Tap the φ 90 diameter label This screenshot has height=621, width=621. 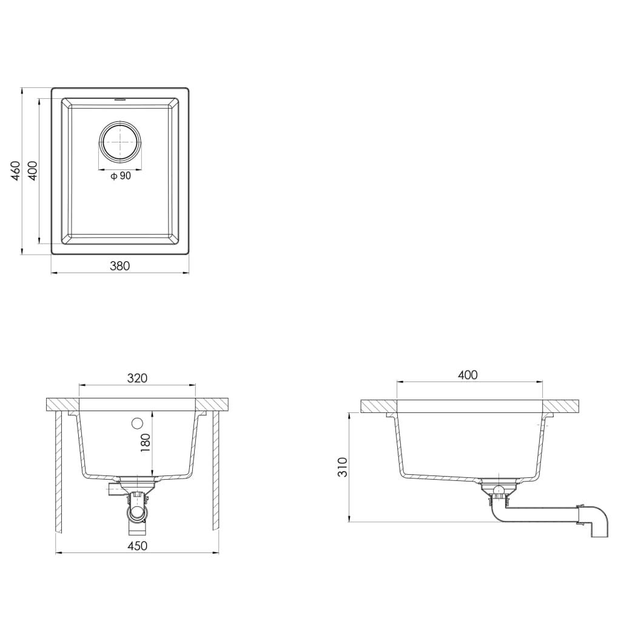(x=121, y=176)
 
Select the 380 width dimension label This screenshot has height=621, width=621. (x=119, y=265)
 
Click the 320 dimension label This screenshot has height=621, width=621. (x=137, y=378)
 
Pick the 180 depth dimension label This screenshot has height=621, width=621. (x=145, y=443)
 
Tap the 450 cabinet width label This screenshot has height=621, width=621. (x=137, y=546)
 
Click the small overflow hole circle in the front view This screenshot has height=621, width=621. (x=136, y=423)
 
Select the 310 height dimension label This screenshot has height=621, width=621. (x=343, y=467)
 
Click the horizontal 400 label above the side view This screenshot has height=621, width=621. (x=468, y=375)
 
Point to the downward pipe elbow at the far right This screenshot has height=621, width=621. (x=597, y=522)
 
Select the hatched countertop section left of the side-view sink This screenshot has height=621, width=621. (x=378, y=406)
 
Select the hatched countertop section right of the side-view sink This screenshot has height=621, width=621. (x=561, y=406)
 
